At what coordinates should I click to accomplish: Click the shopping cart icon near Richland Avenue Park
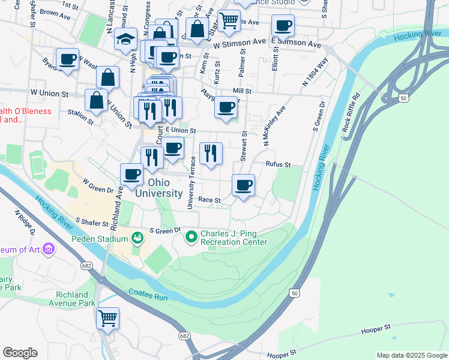pyautogui.click(x=107, y=318)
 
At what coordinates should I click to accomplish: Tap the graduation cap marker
pyautogui.click(x=126, y=39)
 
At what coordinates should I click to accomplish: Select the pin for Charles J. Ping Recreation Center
pyautogui.click(x=191, y=238)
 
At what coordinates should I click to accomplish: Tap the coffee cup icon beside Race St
pyautogui.click(x=243, y=185)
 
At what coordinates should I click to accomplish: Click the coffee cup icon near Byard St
pyautogui.click(x=67, y=59)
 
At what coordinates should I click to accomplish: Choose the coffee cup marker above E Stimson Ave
pyautogui.click(x=283, y=26)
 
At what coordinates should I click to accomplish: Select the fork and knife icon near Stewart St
pyautogui.click(x=211, y=153)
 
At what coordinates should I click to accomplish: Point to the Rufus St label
pyautogui.click(x=279, y=164)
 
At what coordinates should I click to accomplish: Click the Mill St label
pyautogui.click(x=242, y=90)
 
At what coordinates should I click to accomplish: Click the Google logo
pyautogui.click(x=20, y=353)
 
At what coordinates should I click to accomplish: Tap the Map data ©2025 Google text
pyautogui.click(x=411, y=355)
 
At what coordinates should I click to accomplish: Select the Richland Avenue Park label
pyautogui.click(x=76, y=299)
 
